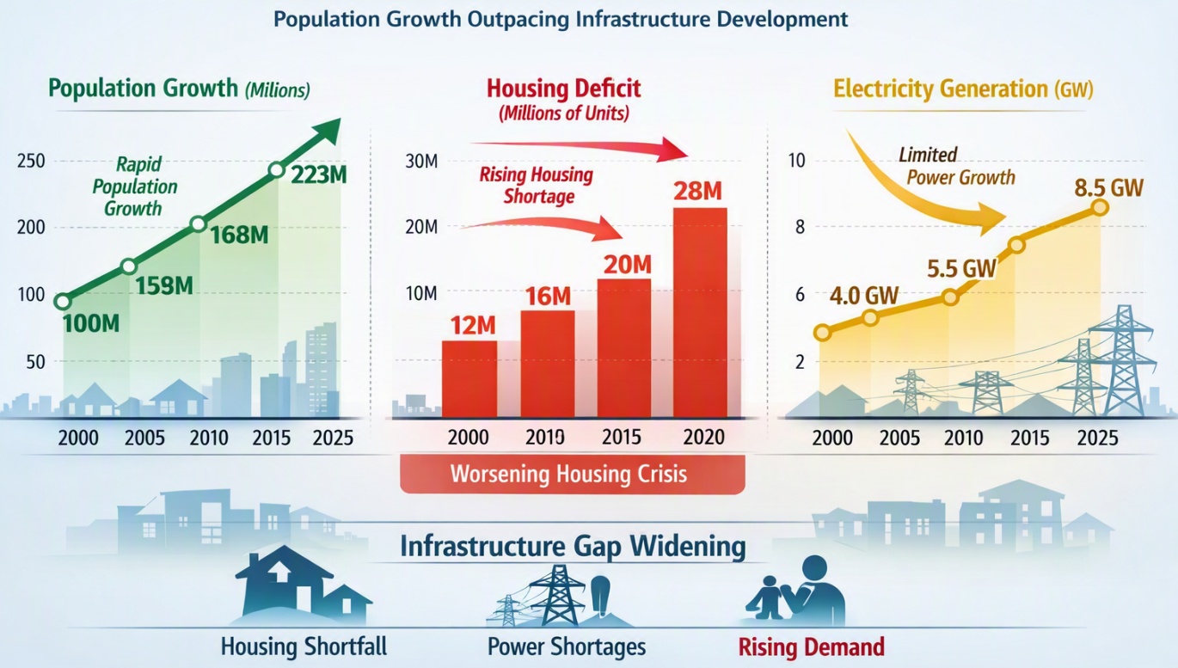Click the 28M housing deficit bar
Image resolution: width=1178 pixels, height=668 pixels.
[x=700, y=313]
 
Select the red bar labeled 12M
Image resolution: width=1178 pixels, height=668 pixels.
[x=469, y=379]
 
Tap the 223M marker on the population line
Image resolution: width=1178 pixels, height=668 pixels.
[x=276, y=170]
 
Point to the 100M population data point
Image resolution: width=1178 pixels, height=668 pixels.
[x=63, y=302]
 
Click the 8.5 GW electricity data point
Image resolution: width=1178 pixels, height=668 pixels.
[x=1100, y=208]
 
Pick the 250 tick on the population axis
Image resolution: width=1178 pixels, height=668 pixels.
[x=31, y=161]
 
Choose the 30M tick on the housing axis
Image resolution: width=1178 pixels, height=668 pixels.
[x=421, y=161]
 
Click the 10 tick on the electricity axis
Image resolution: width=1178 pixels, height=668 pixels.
[x=797, y=161]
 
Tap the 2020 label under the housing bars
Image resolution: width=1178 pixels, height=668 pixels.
[x=703, y=437]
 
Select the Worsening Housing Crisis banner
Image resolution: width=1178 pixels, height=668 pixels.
[x=572, y=474]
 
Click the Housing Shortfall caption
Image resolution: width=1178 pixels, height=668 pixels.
[x=304, y=647]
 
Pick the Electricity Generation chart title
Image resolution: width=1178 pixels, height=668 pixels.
[x=963, y=89]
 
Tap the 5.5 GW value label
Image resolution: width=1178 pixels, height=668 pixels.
[x=961, y=269]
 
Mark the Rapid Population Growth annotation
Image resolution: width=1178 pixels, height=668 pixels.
[x=135, y=187]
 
